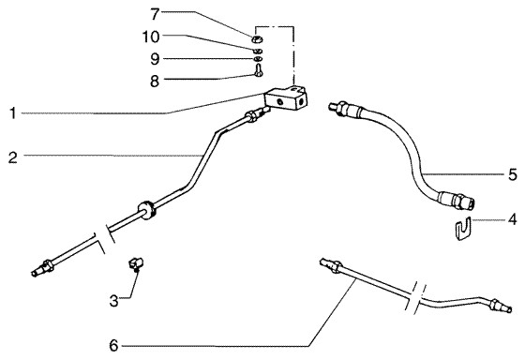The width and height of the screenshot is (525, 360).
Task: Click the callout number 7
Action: [x=155, y=14]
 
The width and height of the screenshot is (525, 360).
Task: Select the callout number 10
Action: [x=151, y=37]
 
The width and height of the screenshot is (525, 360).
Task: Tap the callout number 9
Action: [x=155, y=59]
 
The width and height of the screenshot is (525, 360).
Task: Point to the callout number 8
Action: [x=155, y=82]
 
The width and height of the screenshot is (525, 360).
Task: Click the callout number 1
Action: [x=13, y=113]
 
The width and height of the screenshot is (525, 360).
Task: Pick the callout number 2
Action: [x=13, y=157]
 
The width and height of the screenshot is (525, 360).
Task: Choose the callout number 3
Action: [x=113, y=301]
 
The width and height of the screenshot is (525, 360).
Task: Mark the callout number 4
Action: [x=512, y=220]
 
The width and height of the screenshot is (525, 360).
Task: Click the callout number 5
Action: [x=513, y=174]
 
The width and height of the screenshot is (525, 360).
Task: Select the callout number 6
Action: [x=113, y=346]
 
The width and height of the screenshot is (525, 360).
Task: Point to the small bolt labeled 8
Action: [x=258, y=70]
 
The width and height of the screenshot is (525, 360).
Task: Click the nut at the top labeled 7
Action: [x=257, y=39]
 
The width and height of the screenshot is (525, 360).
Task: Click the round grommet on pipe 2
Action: [x=146, y=210]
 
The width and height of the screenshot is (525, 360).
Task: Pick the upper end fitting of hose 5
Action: [x=344, y=109]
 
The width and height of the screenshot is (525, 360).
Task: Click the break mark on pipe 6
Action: [x=414, y=298]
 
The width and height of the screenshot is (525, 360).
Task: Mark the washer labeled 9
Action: [x=258, y=59]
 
